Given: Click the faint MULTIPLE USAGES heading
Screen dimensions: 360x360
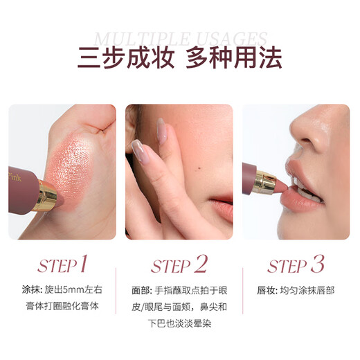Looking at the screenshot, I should [x=180, y=38].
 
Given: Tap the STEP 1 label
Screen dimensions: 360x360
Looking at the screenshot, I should [x=62, y=266].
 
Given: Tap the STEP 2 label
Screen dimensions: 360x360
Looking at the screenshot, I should [x=179, y=266].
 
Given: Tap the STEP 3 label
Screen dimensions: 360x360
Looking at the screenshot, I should [x=296, y=266].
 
